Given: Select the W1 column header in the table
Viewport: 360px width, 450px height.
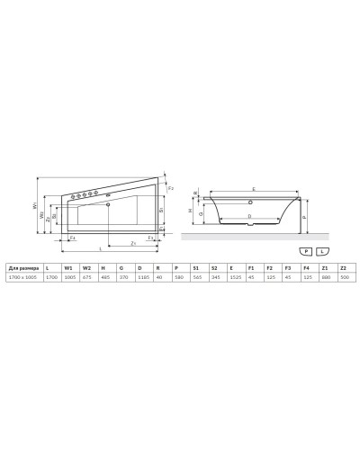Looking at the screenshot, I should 67,268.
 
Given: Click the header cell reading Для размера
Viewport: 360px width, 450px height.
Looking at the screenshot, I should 22,268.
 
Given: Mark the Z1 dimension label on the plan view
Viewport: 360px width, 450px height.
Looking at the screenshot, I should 132,241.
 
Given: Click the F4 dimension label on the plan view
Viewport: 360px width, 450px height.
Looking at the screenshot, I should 72,238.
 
